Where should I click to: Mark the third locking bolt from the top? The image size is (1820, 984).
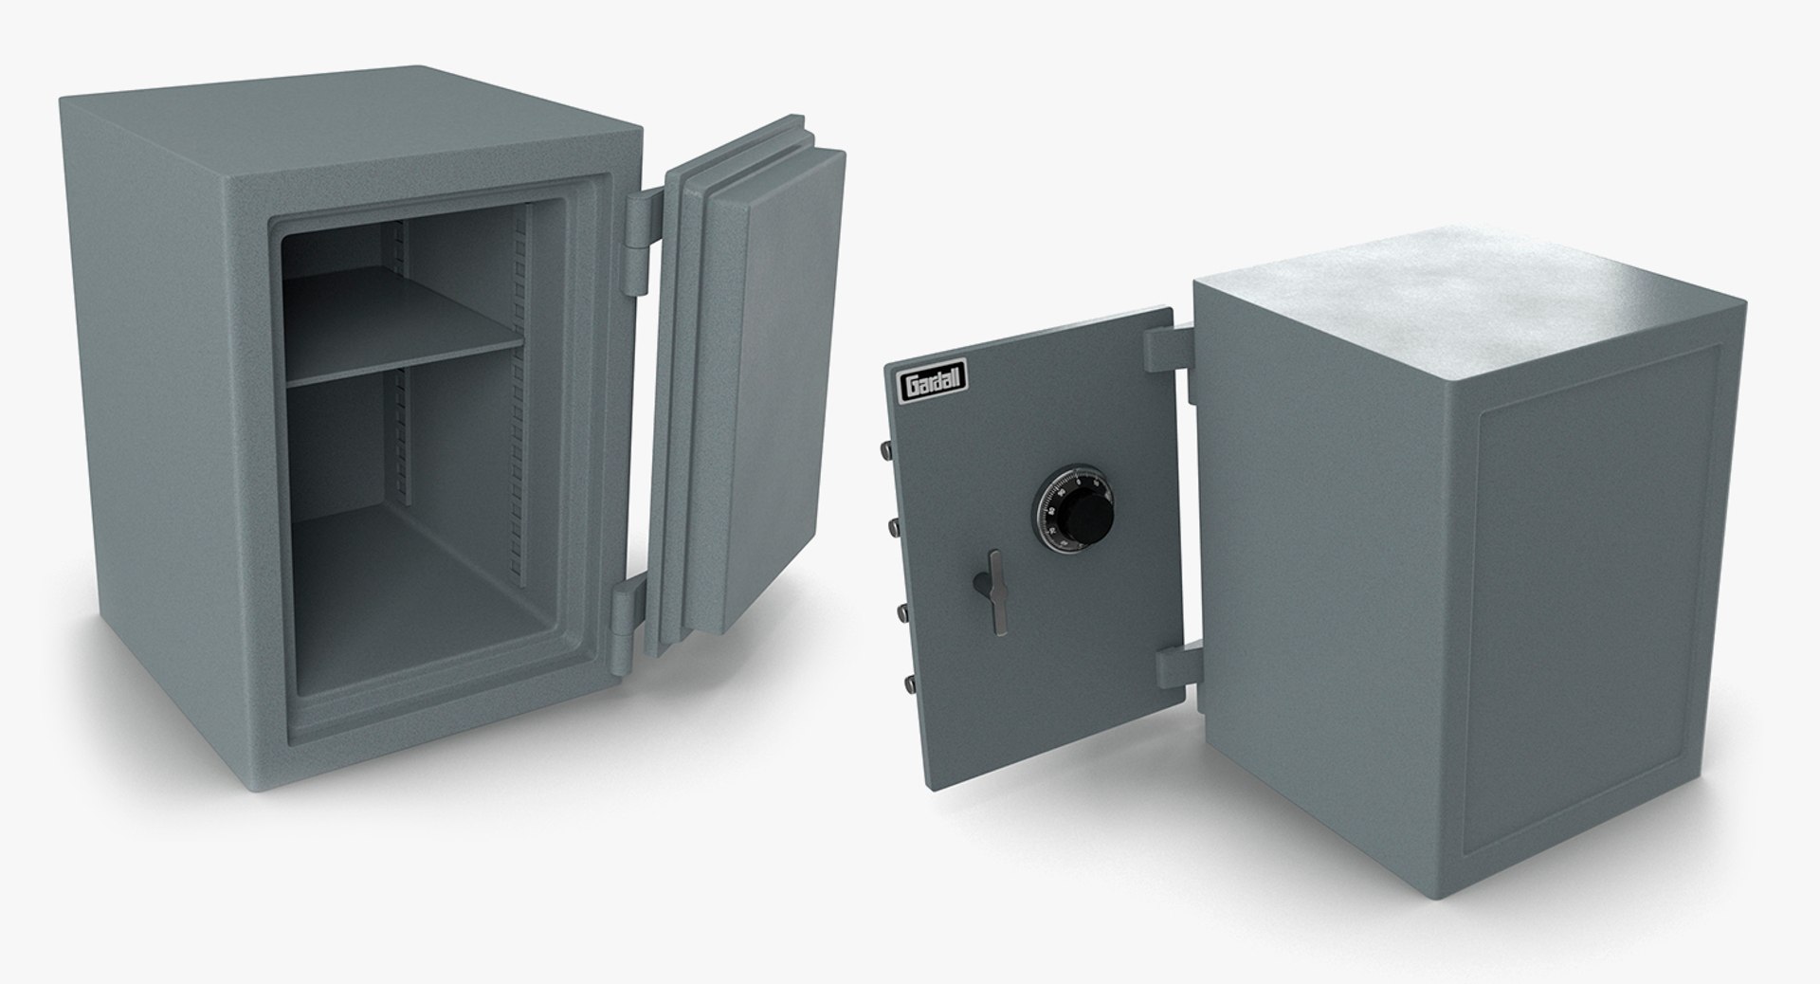(901, 608)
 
